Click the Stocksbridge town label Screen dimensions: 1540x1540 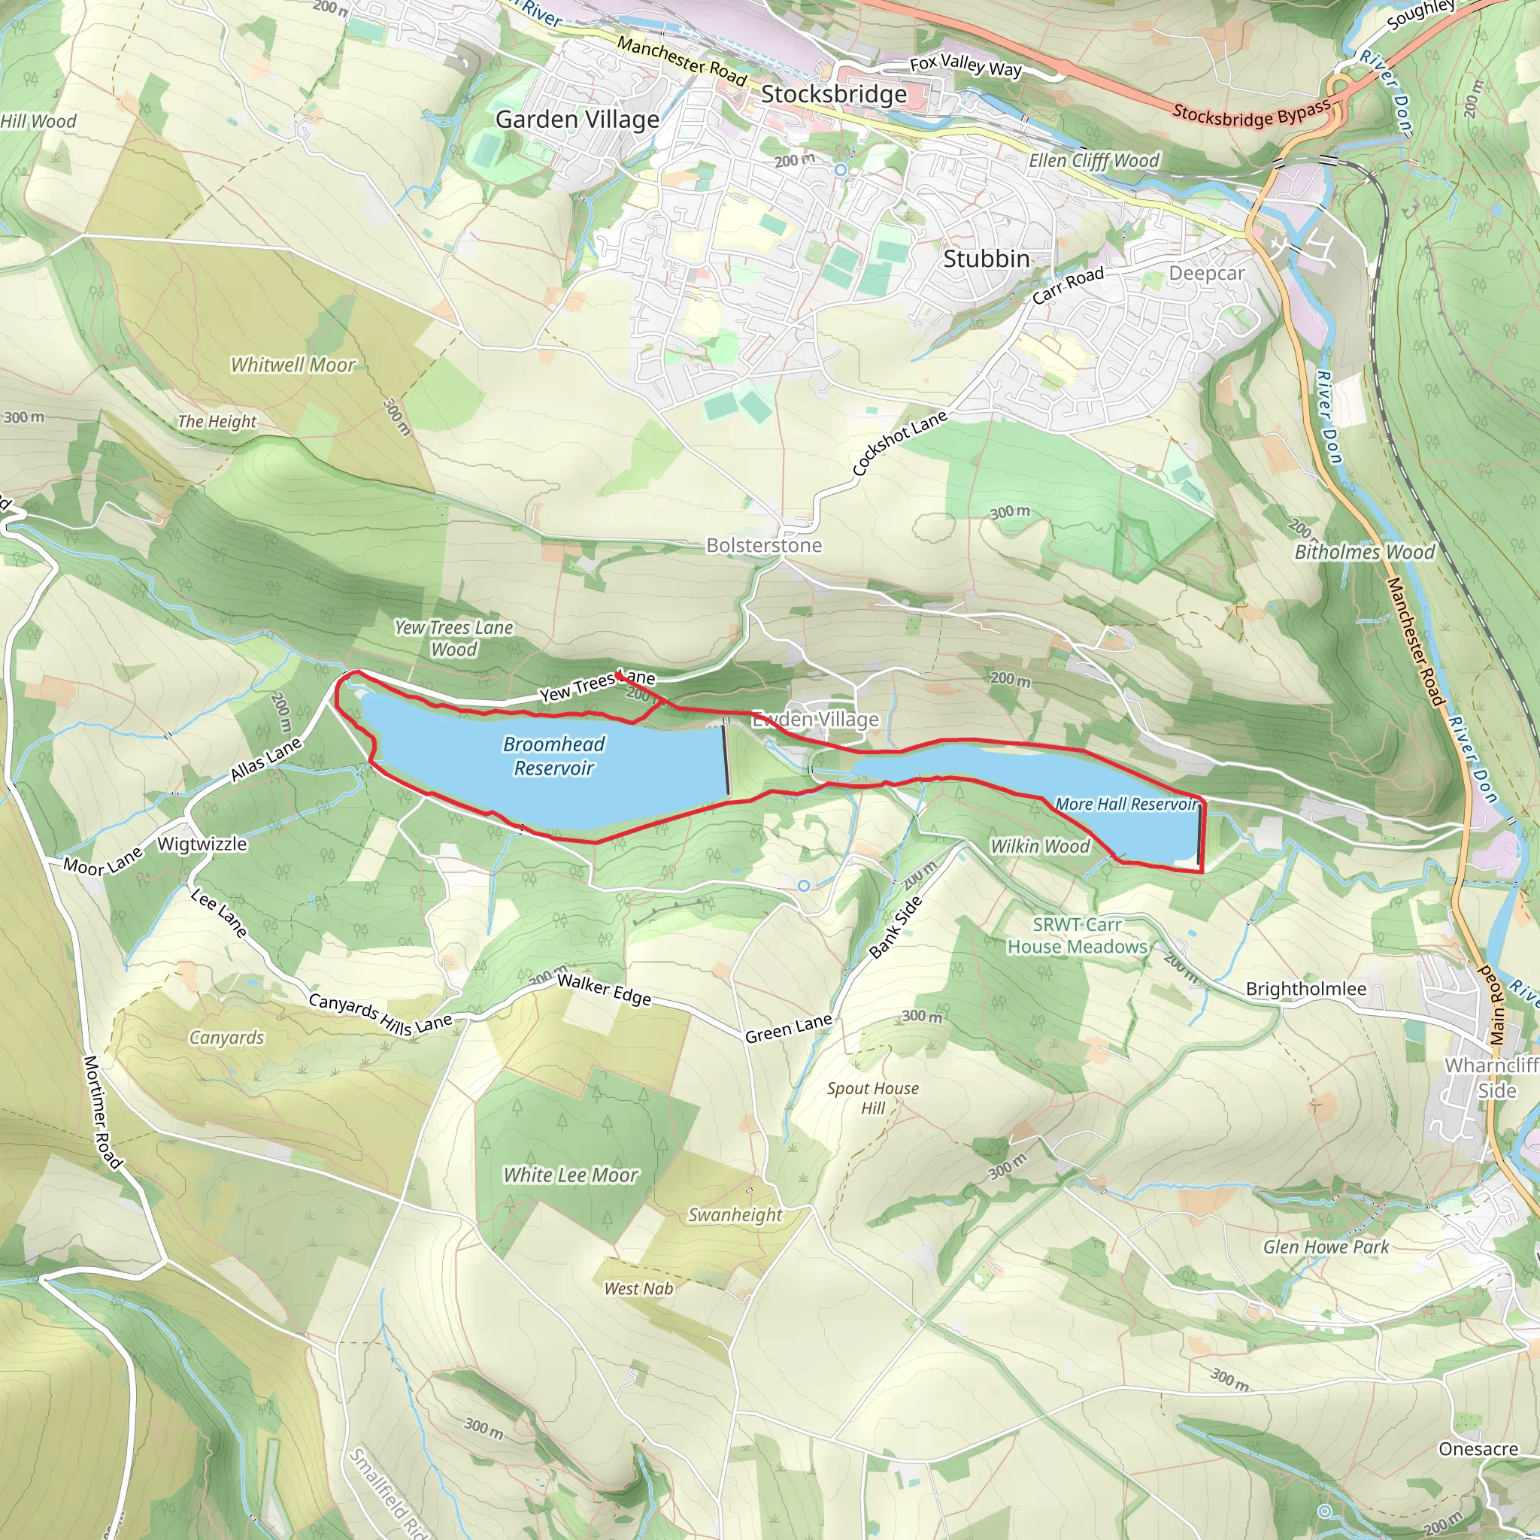834,94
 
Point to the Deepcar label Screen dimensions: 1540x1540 1206,274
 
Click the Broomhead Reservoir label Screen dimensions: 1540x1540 554,756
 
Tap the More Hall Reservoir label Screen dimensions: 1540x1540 1126,805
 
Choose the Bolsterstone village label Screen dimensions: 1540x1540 764,545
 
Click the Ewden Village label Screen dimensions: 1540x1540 815,720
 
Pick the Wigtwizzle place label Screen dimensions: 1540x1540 202,844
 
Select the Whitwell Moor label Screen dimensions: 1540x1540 293,365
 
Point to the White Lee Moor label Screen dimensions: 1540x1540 571,1175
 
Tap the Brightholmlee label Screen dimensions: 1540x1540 1305,990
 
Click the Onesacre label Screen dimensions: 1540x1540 1478,1448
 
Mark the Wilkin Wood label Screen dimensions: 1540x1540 1039,847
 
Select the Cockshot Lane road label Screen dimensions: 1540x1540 899,443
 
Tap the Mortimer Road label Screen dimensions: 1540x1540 103,1113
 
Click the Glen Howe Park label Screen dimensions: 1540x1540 1326,1247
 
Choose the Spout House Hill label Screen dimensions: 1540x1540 873,1098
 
